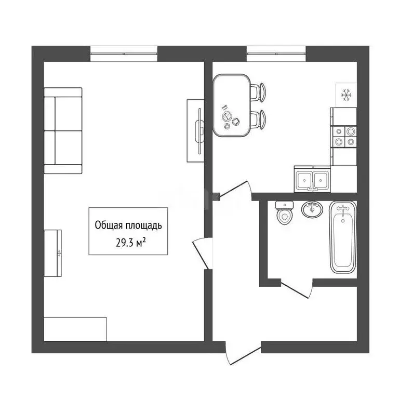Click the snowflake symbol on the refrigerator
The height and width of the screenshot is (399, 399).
coord(345,95)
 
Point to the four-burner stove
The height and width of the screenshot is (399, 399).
coord(344,136)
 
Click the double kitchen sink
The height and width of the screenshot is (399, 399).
coord(312,180)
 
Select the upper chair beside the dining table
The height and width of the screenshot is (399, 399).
coord(258,92)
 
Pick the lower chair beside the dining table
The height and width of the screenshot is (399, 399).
coord(258,119)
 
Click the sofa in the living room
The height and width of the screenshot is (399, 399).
coord(63,130)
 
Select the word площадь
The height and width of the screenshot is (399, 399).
coord(143,225)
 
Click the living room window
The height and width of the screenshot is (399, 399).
coord(124,53)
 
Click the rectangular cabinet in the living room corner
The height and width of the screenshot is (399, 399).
coord(75,329)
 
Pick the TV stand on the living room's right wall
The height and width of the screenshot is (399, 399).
coord(195,130)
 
